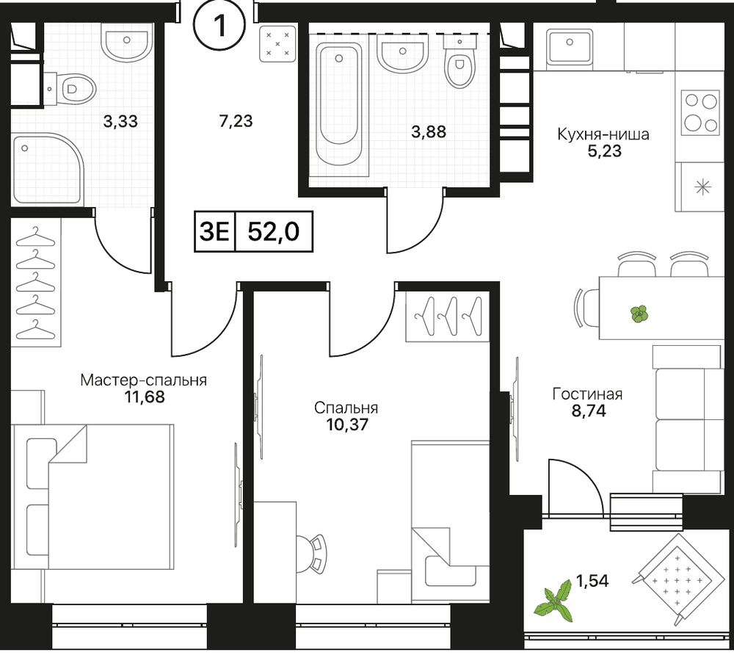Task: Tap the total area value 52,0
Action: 273,231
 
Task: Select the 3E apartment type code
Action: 214,231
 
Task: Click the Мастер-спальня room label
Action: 143,380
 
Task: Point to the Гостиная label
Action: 587,394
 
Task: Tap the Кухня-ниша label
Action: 603,134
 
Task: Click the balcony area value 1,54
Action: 592,581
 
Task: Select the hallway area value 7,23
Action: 236,121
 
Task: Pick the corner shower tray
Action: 47,169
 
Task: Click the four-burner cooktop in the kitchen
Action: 700,113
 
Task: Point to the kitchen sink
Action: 570,46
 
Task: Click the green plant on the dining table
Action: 639,314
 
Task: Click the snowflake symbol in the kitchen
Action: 702,188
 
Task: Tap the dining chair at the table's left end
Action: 586,308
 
